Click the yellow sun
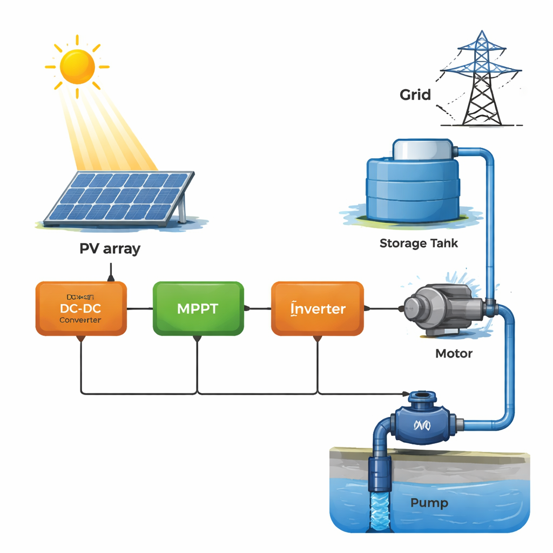pos(77,66)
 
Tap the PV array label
pos(110,249)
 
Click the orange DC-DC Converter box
pos(81,308)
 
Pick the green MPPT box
pos(198,308)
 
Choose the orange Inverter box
pos(317,308)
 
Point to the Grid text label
pos(415,95)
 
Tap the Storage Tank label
pos(419,243)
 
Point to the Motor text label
pos(454,354)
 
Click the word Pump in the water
pos(429,503)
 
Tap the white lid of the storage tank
pos(425,149)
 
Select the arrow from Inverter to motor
pos(383,309)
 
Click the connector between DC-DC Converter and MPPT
pos(140,309)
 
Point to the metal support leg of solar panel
pos(183,210)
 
